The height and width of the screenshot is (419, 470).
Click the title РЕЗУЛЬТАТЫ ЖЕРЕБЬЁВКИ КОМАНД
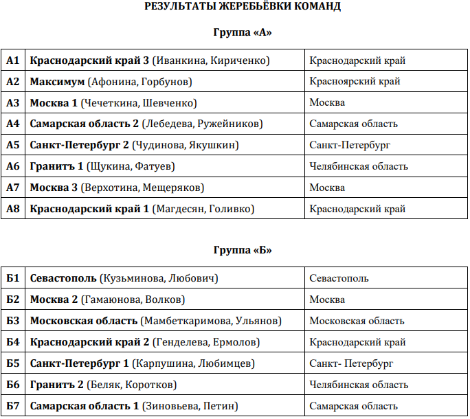pyautogui.click(x=243, y=7)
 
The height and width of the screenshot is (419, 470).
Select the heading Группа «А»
pyautogui.click(x=243, y=32)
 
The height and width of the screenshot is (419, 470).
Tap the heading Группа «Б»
pyautogui.click(x=243, y=250)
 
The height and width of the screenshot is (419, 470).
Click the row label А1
pyautogui.click(x=13, y=60)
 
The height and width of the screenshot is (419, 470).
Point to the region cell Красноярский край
pyautogui.click(x=355, y=82)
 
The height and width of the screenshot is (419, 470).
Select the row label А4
pyautogui.click(x=13, y=124)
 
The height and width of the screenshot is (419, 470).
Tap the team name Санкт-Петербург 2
pyautogui.click(x=79, y=146)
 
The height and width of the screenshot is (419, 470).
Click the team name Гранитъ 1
pyautogui.click(x=56, y=167)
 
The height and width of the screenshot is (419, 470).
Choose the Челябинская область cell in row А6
pyautogui.click(x=358, y=167)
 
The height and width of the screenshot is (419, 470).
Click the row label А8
pyautogui.click(x=13, y=209)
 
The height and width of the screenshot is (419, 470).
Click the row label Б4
pyautogui.click(x=13, y=342)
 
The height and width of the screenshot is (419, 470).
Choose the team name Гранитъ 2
pyautogui.click(x=56, y=385)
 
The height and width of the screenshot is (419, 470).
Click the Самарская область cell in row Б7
pyautogui.click(x=353, y=406)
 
